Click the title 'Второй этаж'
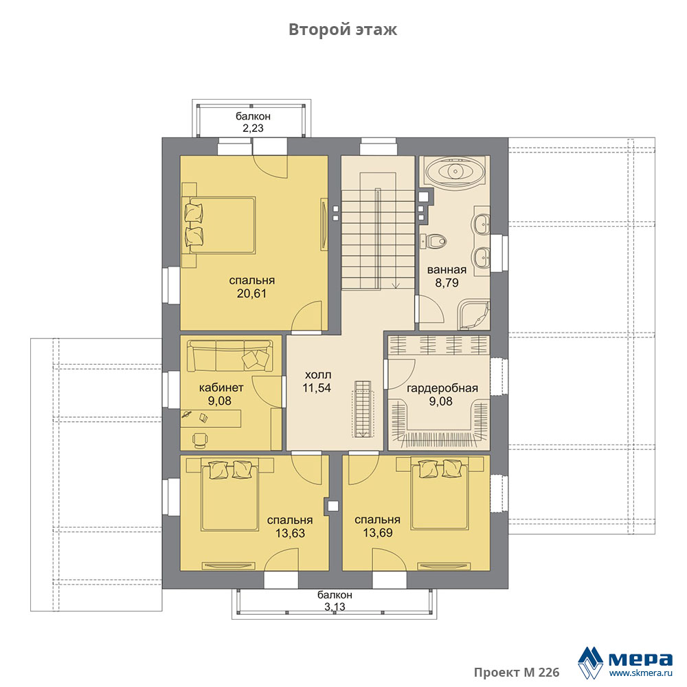[x=343, y=30]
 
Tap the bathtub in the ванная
[x=455, y=171]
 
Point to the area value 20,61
[x=251, y=293]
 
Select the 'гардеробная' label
[x=442, y=389]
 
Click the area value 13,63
[x=290, y=533]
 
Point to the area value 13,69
[x=378, y=533]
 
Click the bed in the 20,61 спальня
[x=220, y=225]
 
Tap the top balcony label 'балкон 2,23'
[x=254, y=122]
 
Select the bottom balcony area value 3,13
[x=335, y=607]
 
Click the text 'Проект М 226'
[x=517, y=673]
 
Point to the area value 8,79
[x=447, y=283]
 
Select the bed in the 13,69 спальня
[x=440, y=493]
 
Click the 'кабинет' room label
[x=221, y=387]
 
